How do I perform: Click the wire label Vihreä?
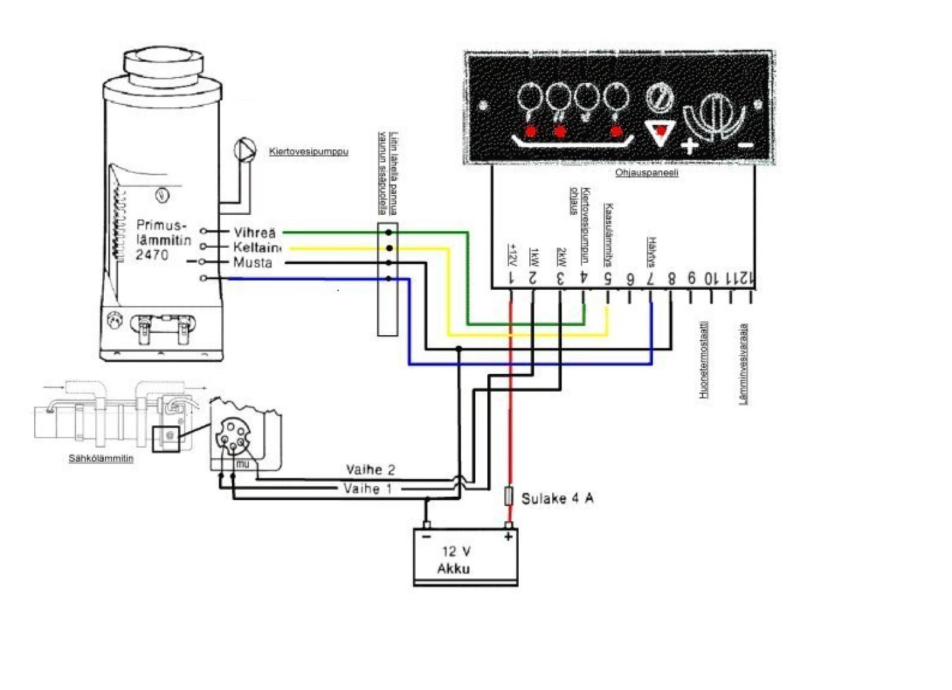click(x=255, y=233)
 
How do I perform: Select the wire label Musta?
click(x=253, y=263)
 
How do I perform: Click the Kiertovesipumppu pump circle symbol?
click(x=244, y=149)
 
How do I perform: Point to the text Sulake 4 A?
click(x=557, y=499)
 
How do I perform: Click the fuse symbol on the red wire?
click(x=508, y=496)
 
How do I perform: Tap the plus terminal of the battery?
click(x=508, y=536)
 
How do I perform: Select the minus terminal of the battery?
click(x=427, y=536)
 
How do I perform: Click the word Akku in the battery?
click(x=453, y=568)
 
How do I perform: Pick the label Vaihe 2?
click(x=370, y=470)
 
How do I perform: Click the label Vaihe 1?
click(x=368, y=489)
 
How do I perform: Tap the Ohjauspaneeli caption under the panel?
click(x=646, y=173)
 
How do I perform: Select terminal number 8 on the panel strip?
click(x=671, y=279)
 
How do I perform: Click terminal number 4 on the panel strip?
click(x=583, y=279)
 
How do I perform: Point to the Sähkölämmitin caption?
click(x=101, y=458)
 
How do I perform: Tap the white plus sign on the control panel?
click(x=689, y=146)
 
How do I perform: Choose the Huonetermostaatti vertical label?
click(x=703, y=359)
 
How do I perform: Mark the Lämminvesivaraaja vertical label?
click(x=744, y=363)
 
